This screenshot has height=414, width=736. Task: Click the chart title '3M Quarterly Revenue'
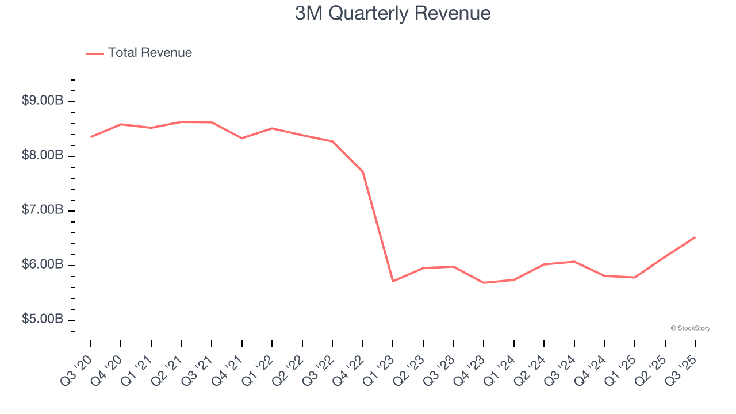tap(393, 13)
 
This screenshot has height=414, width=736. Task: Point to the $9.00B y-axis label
tap(43, 101)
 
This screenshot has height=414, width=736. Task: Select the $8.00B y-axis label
tap(43, 155)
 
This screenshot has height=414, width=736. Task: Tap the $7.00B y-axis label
tap(43, 210)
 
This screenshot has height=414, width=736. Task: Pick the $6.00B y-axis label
tap(43, 264)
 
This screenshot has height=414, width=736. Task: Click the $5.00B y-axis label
tap(43, 319)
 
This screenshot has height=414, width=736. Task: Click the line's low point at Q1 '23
tap(393, 281)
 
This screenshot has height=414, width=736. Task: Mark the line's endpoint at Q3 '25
tap(695, 237)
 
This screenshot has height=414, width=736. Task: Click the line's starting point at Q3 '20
tap(91, 137)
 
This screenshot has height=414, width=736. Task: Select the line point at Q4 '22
tap(363, 171)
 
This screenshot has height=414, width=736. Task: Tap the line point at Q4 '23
tap(484, 283)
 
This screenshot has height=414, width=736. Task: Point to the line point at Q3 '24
tap(574, 262)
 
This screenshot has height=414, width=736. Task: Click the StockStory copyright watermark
tap(690, 328)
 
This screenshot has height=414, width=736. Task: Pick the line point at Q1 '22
tap(272, 128)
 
